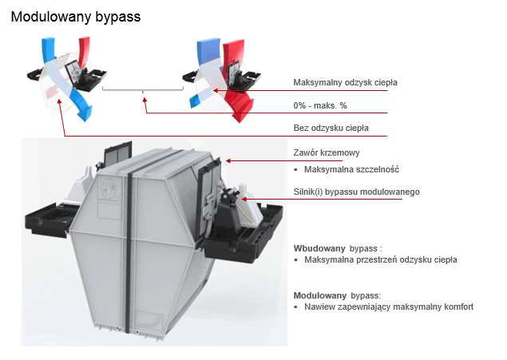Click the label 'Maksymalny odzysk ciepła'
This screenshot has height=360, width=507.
click(345, 82)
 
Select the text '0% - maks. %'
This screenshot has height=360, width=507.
click(319, 105)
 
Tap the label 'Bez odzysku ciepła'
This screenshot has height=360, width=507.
click(331, 128)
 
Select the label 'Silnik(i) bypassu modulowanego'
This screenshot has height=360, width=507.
click(356, 192)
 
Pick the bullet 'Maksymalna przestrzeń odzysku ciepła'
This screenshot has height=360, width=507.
click(380, 260)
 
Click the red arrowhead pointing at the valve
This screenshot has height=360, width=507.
click(228, 160)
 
